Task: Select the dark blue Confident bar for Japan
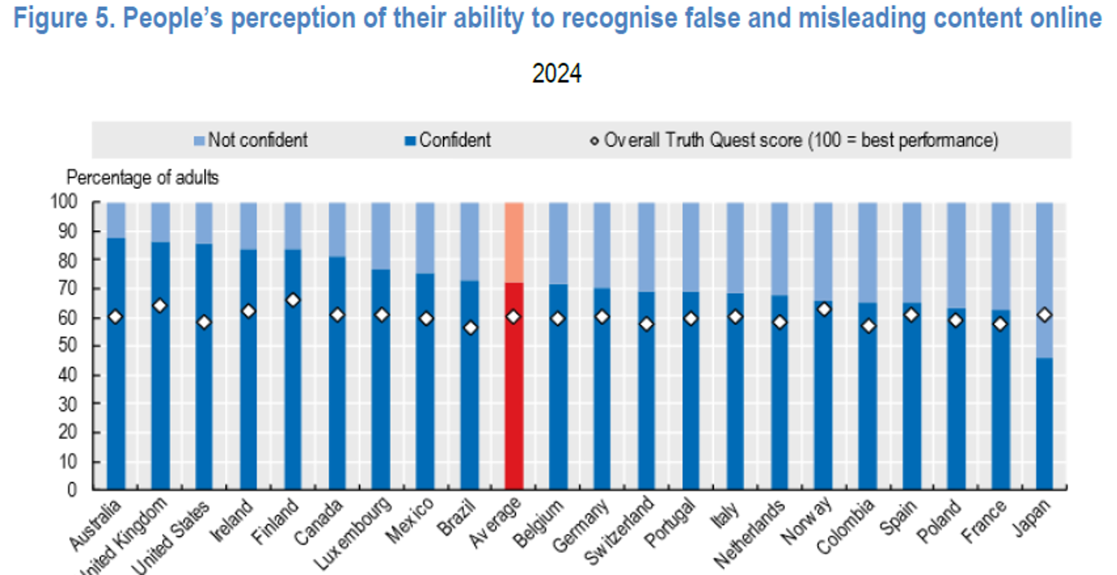[x=1044, y=424]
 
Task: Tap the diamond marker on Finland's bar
[x=293, y=300]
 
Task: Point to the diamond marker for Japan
[x=1044, y=315]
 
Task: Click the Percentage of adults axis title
[x=142, y=177]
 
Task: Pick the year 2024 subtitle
[x=557, y=73]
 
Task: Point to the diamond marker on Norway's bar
[x=823, y=309]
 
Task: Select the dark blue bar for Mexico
[x=425, y=391]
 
